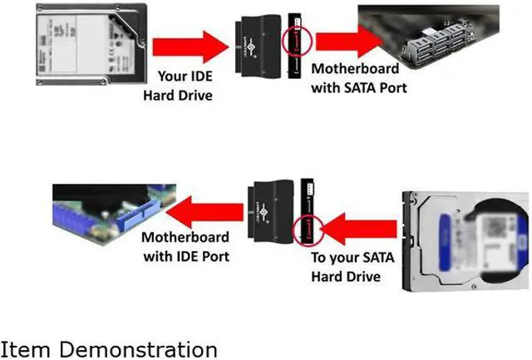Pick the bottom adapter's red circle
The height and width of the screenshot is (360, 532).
pos(307,226)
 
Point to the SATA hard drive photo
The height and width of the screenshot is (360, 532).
pos(465,240)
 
